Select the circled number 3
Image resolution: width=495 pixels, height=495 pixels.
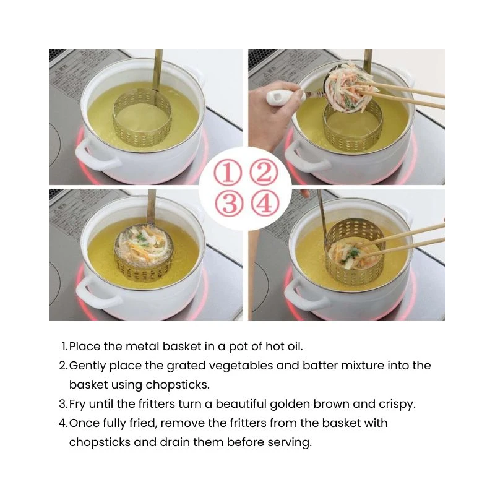[229, 203]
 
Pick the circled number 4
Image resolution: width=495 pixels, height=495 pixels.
[265, 203]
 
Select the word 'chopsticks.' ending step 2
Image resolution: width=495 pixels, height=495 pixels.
[178, 385]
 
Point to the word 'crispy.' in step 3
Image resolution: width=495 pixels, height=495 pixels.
[397, 405]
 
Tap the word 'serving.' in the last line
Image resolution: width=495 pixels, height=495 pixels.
[290, 442]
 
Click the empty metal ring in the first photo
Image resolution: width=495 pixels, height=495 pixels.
[142, 118]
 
